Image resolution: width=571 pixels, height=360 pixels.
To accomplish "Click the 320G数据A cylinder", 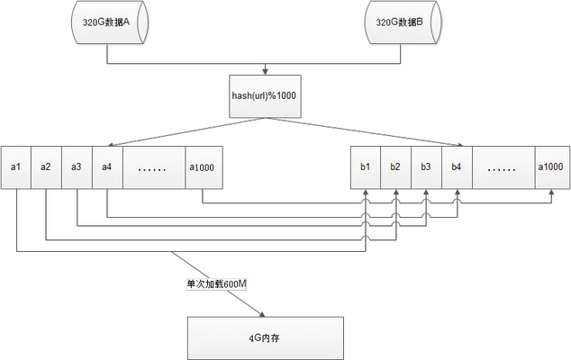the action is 110,22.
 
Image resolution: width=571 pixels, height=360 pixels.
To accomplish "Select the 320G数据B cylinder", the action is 403,22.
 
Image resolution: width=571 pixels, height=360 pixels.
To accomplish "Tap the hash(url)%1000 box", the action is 265,96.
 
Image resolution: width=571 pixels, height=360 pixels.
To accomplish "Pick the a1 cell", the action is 16,167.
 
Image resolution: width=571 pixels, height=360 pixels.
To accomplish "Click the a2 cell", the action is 47,167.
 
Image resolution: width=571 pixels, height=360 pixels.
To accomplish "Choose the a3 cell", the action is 77,167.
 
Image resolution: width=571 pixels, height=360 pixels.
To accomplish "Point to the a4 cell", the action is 108,167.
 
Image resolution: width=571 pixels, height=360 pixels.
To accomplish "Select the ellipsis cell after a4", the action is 154,167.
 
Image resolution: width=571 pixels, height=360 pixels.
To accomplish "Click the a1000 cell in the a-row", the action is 204,167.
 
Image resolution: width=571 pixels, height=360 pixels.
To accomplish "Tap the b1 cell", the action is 366,167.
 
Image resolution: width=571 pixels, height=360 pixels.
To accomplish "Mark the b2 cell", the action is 396,167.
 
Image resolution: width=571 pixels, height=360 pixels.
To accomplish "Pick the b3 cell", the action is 427,167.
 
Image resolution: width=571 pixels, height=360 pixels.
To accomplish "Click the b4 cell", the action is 458,167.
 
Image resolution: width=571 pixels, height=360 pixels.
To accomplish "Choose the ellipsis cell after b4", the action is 504,167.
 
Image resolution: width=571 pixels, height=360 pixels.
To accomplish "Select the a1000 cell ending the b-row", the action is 552,167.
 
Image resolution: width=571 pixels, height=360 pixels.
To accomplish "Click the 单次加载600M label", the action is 216,284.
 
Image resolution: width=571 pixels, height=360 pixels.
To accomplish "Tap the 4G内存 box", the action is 266,338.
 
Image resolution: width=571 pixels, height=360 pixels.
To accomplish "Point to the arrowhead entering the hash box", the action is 266,71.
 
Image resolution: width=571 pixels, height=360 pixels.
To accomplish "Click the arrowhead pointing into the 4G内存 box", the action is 261,314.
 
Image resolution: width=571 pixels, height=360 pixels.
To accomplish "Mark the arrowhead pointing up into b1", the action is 366,192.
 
